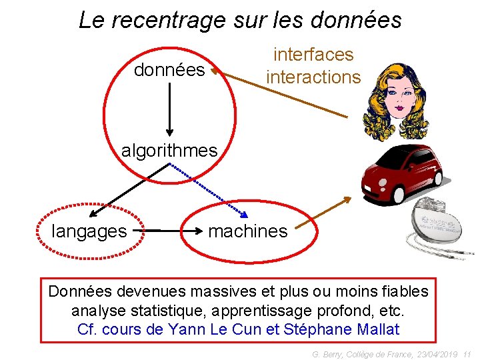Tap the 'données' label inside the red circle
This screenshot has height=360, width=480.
(x=169, y=69)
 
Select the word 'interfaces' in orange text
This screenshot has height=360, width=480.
(x=313, y=55)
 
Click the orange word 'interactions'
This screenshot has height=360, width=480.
(x=313, y=77)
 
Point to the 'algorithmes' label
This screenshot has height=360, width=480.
(x=169, y=151)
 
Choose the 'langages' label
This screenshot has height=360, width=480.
(x=89, y=231)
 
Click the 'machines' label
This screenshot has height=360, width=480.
(x=247, y=231)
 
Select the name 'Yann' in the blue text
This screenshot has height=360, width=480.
(x=189, y=329)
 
